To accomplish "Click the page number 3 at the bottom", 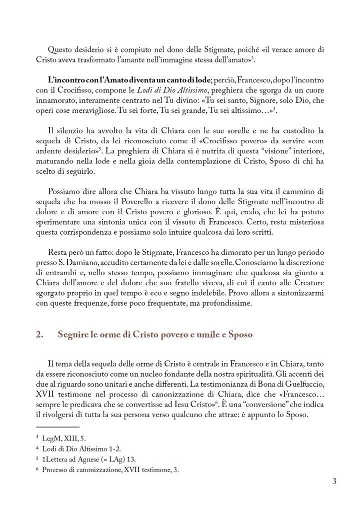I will pyautogui.click(x=334, y=482).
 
